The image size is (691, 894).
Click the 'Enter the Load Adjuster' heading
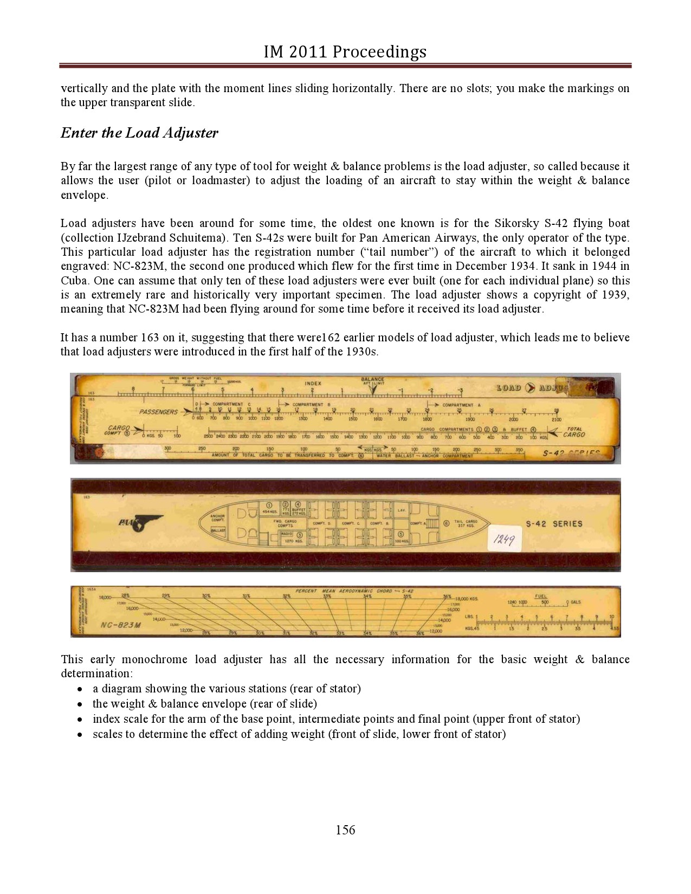pos(139,133)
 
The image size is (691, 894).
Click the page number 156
pos(345,830)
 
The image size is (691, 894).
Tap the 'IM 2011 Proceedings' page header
pos(345,52)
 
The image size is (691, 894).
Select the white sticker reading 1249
pos(504,539)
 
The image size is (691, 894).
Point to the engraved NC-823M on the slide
pos(121,625)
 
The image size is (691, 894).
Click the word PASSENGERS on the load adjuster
pos(158,412)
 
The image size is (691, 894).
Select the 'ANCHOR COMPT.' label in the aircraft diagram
pos(217,517)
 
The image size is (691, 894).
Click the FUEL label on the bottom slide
pos(541,596)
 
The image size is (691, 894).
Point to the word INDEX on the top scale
pos(313,384)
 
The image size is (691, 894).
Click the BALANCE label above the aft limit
pos(372,379)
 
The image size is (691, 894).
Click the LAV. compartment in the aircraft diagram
pos(402,510)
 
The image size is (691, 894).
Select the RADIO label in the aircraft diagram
pos(287,534)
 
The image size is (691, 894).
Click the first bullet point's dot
pos(80,689)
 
